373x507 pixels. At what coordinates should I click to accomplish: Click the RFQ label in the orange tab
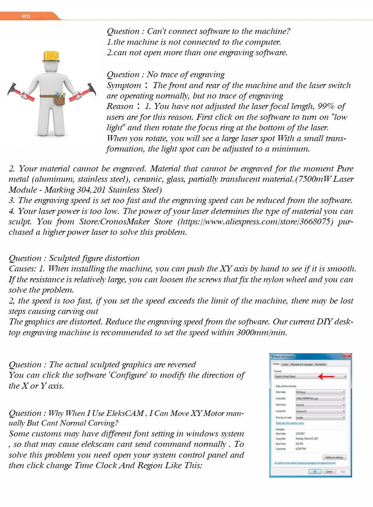26,16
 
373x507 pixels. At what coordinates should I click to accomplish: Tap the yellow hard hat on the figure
51,56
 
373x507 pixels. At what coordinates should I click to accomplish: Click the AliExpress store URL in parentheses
256,222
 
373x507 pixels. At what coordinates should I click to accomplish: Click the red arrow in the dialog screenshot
326,376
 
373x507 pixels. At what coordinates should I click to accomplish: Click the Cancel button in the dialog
329,472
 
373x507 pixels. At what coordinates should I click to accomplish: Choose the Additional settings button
335,457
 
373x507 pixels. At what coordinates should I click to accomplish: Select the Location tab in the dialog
285,364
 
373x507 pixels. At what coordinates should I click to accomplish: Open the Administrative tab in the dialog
320,364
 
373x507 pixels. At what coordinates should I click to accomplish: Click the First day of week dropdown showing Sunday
320,418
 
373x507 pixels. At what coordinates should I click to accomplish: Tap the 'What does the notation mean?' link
290,423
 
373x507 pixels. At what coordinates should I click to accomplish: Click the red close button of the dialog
348,356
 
